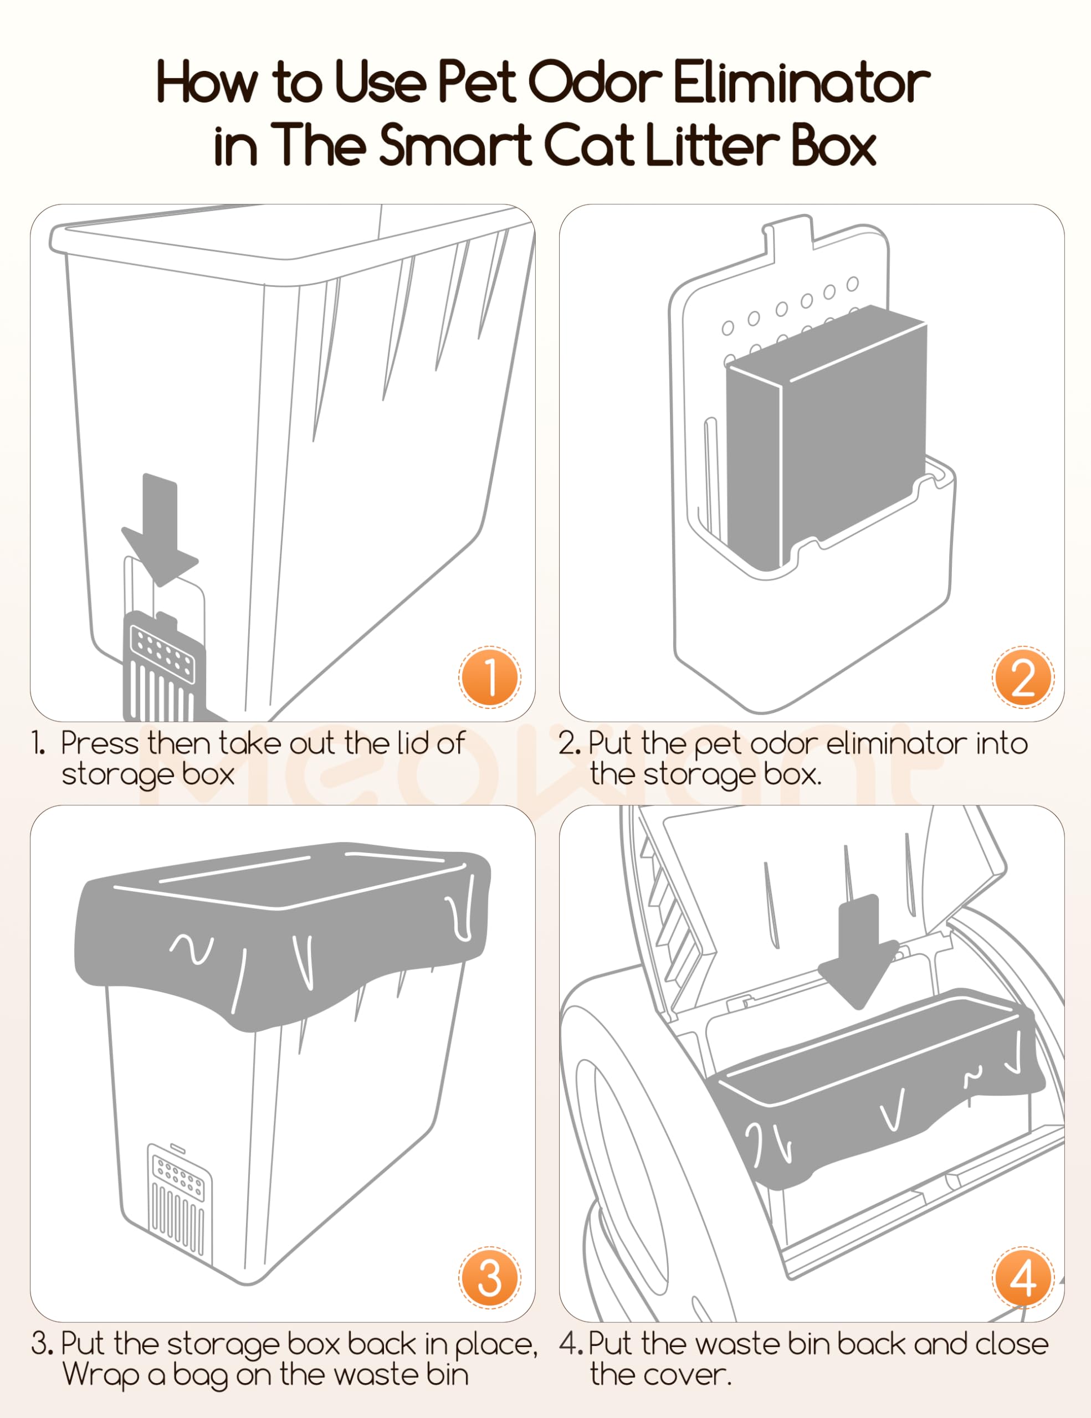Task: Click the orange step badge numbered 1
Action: (x=490, y=677)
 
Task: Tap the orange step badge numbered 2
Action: (x=1023, y=677)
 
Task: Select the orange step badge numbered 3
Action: (x=490, y=1278)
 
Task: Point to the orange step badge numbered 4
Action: (x=1023, y=1278)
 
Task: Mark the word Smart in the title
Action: (x=454, y=144)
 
